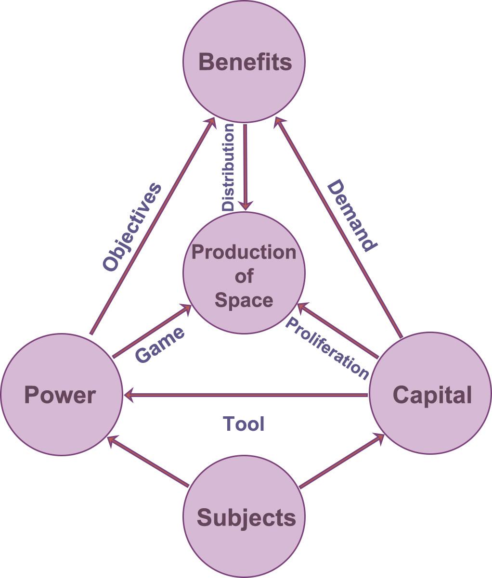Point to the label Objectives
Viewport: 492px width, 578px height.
(x=132, y=226)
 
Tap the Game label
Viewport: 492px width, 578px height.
(x=159, y=345)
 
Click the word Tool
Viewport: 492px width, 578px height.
(x=244, y=424)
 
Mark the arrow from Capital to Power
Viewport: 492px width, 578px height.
(x=246, y=396)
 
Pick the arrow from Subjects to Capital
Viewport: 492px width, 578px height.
(x=342, y=461)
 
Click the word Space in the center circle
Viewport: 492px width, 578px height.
(x=244, y=300)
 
